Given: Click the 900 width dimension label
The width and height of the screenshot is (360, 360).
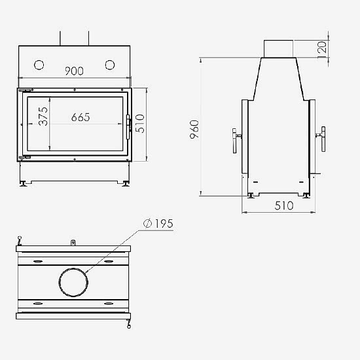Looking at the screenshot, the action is tap(74, 71).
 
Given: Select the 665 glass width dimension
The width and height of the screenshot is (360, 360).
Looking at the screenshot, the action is tap(81, 117).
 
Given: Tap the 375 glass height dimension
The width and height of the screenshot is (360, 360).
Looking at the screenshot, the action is tap(43, 116).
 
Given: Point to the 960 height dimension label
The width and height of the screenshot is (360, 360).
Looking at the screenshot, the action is tap(194, 129).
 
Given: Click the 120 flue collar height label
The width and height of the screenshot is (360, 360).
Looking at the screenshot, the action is tap(322, 47).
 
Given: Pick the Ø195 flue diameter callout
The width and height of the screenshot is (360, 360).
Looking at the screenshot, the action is tap(158, 223).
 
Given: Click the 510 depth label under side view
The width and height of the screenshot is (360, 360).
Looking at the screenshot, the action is tap(284, 206).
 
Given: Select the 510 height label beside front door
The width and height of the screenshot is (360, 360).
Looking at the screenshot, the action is tap(139, 124).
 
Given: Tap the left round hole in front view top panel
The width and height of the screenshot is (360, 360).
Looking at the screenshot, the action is tap(39, 65).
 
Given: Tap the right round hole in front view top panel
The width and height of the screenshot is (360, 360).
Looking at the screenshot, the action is tap(110, 65).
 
